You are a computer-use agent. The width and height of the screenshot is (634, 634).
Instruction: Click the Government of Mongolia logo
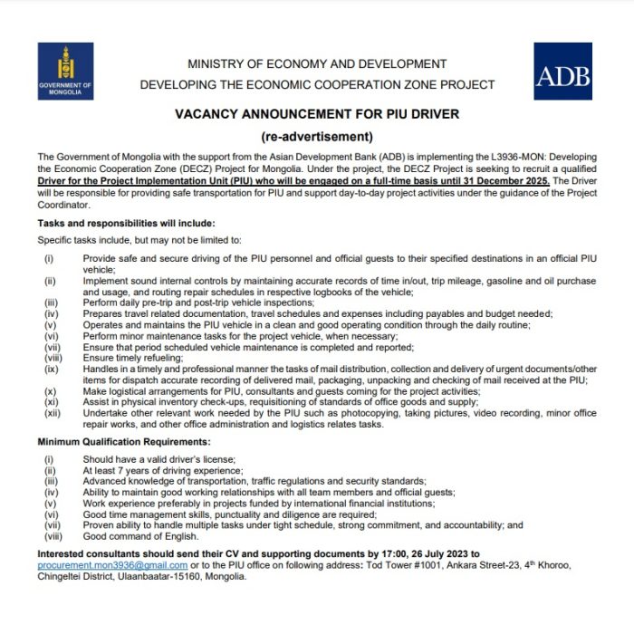coord(65,71)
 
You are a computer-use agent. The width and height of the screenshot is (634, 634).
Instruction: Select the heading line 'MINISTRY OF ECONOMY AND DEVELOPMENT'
coord(317,64)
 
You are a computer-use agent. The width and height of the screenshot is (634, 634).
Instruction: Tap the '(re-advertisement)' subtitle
coord(317,137)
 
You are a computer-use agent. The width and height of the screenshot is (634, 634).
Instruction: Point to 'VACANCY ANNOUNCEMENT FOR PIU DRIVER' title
coord(317,114)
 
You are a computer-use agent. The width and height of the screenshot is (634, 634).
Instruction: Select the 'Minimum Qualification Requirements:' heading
coord(124,441)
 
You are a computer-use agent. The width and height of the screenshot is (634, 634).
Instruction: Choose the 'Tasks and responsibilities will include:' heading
coord(127,223)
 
